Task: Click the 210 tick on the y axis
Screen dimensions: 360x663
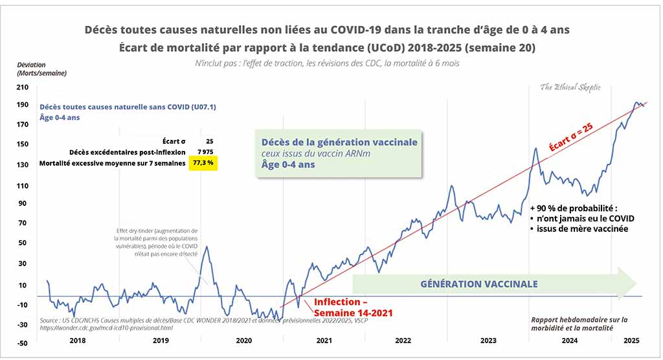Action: [22, 87]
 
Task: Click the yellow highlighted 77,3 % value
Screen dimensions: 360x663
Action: [204, 164]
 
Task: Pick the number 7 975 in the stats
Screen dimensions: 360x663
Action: [205, 152]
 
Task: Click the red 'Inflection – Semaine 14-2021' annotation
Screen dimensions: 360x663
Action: [353, 307]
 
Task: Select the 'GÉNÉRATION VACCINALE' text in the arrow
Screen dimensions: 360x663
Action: [478, 284]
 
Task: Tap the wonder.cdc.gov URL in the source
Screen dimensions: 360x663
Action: [106, 328]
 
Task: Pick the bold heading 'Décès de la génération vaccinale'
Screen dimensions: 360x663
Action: [339, 142]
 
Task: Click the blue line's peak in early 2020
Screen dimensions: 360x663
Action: [207, 246]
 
